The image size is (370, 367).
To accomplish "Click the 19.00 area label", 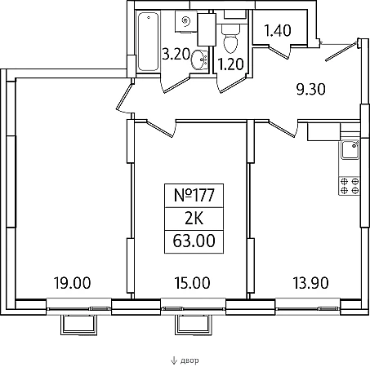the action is coord(72,283).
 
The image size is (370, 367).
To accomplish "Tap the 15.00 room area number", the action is coord(192,283).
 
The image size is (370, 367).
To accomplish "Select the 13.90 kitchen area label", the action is coord(310,283).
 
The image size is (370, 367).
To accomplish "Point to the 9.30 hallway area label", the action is coord(311,89).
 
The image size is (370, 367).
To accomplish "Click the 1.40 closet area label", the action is coord(278,30).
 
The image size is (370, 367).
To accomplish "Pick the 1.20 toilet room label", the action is coord(231,64).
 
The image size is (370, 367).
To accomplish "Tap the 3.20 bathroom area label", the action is coord(176,54).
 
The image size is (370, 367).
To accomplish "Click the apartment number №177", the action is coord(194,196).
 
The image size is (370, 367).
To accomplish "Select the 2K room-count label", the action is coord(194,219).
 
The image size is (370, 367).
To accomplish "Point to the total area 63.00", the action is coord(194,241).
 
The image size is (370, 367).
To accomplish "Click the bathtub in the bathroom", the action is coord(148,42).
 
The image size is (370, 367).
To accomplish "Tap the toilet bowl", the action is coord(230,38).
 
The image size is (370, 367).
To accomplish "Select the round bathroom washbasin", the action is coord(200,60).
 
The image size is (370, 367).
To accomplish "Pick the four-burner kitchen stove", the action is coord(349,186).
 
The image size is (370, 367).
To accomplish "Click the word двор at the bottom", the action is coord(189,360).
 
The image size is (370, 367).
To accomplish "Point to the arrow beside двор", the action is coord(174,360).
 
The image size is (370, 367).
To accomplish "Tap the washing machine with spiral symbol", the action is coord(185,22).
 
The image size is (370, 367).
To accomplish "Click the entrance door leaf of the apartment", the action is coord(341,51).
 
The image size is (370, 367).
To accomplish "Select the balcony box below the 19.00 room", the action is coord(79,325).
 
